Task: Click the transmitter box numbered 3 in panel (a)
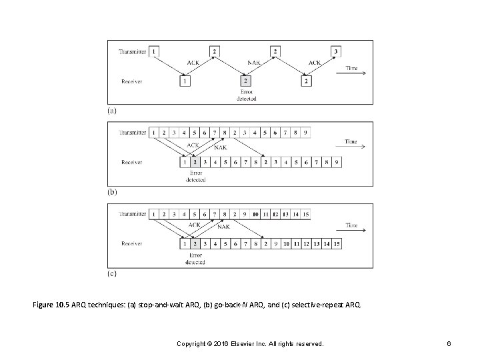click(x=337, y=51)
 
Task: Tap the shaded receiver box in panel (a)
click(x=245, y=81)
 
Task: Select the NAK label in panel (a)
click(x=254, y=63)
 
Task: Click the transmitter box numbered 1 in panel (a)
click(x=155, y=51)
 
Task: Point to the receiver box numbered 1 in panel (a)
click(x=185, y=81)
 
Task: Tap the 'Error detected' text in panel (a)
click(x=246, y=95)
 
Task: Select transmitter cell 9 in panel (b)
click(x=305, y=133)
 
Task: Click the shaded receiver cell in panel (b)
click(x=194, y=161)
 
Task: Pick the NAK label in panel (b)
click(x=221, y=148)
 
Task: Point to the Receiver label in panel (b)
click(x=131, y=161)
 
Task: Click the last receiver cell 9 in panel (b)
click(x=337, y=161)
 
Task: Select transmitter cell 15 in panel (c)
click(x=305, y=214)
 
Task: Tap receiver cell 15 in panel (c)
click(x=337, y=244)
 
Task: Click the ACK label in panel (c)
click(x=194, y=225)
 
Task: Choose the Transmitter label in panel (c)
click(x=133, y=214)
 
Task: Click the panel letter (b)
click(x=112, y=191)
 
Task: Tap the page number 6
click(x=451, y=343)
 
